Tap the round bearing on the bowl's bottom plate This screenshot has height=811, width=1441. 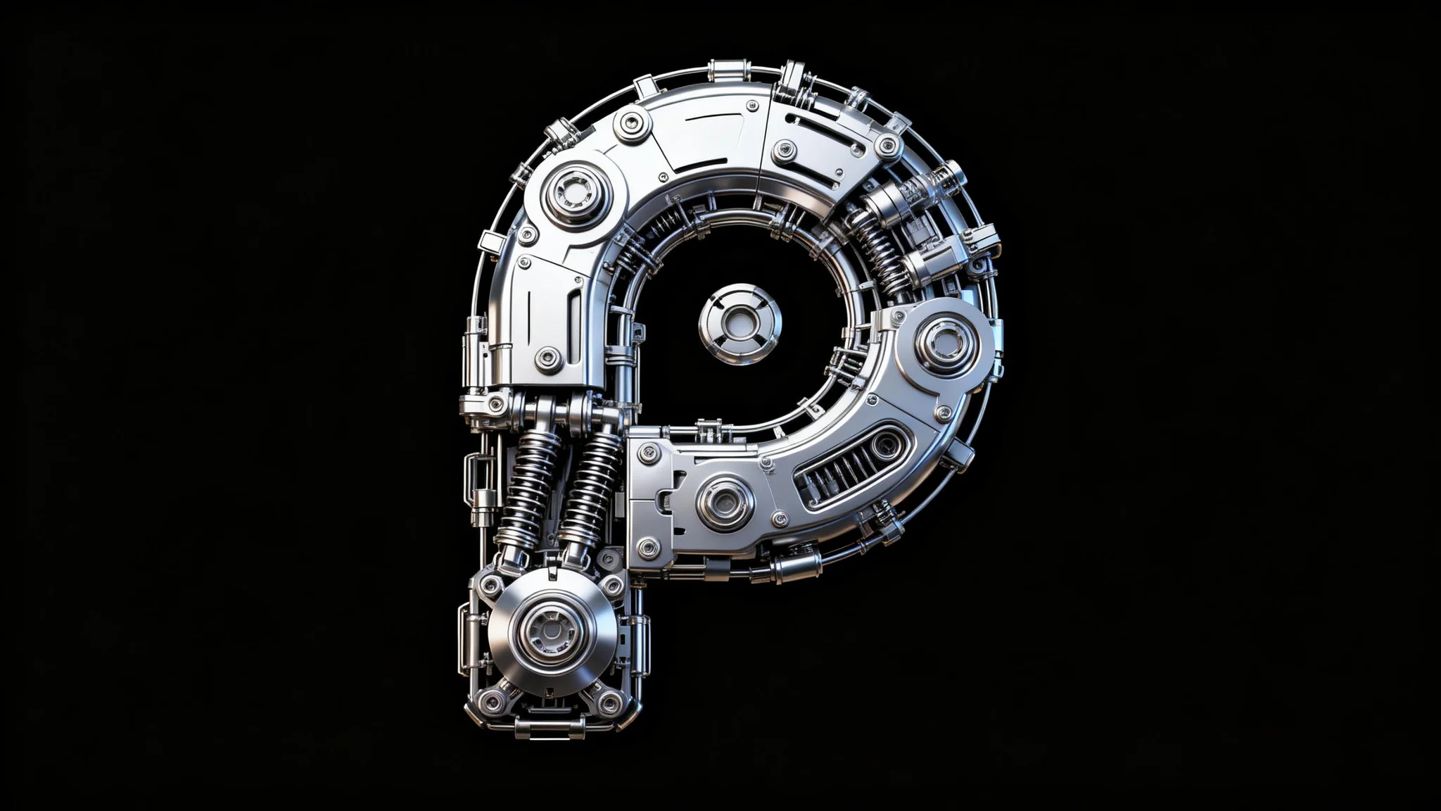click(725, 503)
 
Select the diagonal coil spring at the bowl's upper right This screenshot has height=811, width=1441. click(880, 250)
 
